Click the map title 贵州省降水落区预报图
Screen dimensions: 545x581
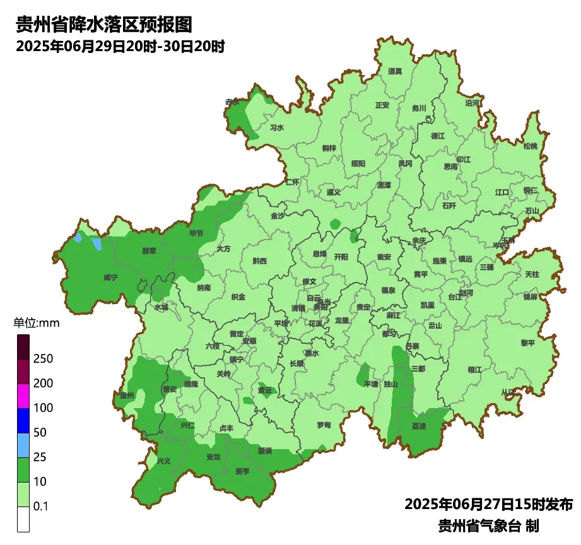point(103,25)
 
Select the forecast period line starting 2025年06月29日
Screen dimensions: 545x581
point(120,47)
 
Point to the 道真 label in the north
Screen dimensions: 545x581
point(396,71)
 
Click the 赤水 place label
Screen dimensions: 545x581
point(232,102)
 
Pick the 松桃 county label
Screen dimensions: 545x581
point(531,146)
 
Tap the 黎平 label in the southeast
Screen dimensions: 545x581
point(527,343)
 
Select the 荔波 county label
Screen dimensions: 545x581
point(419,426)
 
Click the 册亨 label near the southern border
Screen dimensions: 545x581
point(242,471)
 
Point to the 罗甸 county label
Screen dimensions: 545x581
point(324,425)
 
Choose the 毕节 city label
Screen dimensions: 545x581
point(197,233)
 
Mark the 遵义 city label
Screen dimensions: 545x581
point(334,192)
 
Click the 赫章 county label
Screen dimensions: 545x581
point(149,250)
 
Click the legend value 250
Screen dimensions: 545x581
point(44,359)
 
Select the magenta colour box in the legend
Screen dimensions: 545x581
point(23,396)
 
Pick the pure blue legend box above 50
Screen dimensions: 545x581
point(23,420)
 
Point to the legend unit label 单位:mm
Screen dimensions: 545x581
point(36,324)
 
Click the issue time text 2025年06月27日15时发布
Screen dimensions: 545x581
point(488,505)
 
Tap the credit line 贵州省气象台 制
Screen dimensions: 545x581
point(488,525)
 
